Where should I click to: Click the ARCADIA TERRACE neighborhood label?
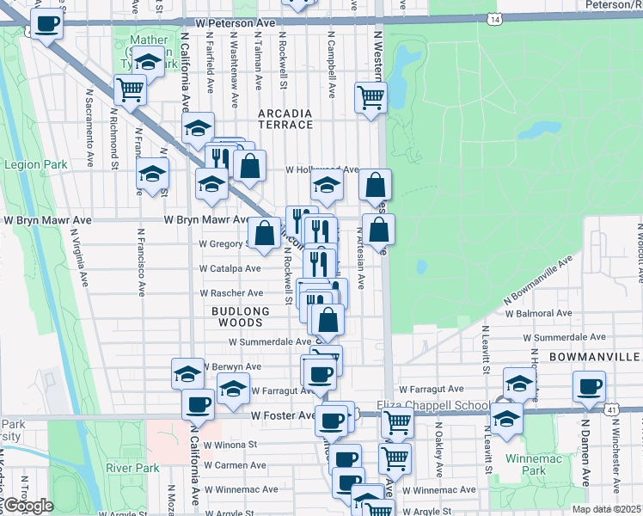[x=285, y=119]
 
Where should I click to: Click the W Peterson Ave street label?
[x=235, y=23]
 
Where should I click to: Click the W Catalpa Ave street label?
[x=230, y=268]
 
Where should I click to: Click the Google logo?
[x=28, y=506]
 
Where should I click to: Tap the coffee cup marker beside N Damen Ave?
[x=589, y=387]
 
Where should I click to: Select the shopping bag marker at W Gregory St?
[x=264, y=232]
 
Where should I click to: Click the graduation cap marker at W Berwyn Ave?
[x=187, y=373]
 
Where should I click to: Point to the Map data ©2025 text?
[x=607, y=509]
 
